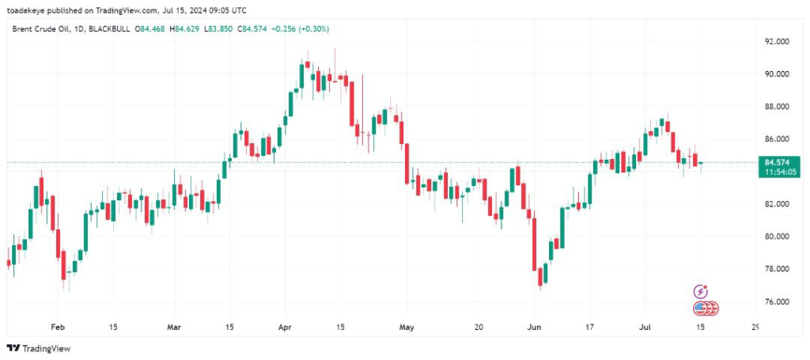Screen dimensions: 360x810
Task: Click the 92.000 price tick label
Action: (776, 41)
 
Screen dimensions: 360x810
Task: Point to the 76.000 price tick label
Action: (776, 301)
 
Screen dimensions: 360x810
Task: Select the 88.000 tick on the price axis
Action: (776, 106)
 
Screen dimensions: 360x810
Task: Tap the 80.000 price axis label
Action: (776, 237)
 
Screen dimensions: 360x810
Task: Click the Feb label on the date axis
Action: (57, 326)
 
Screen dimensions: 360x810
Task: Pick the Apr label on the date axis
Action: (284, 326)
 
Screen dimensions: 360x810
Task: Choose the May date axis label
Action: (407, 326)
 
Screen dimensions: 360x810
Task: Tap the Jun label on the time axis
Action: (535, 326)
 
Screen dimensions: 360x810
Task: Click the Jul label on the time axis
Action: (644, 326)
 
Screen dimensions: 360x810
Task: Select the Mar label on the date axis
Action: (175, 326)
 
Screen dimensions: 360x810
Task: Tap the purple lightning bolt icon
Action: (700, 292)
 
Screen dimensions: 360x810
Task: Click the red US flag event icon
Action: (701, 309)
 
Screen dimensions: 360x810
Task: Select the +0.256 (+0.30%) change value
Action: (300, 28)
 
